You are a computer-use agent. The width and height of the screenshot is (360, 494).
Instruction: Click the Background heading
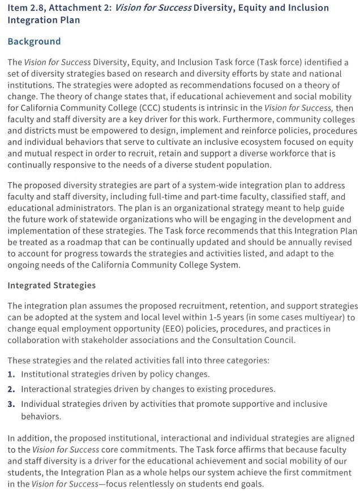tap(34, 41)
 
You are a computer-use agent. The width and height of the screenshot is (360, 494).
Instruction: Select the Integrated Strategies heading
tap(52, 285)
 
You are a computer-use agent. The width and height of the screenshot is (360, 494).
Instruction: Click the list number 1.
tap(11, 374)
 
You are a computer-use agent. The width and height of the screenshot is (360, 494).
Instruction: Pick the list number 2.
tap(11, 389)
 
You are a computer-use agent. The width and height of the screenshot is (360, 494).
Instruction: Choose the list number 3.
tap(11, 404)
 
